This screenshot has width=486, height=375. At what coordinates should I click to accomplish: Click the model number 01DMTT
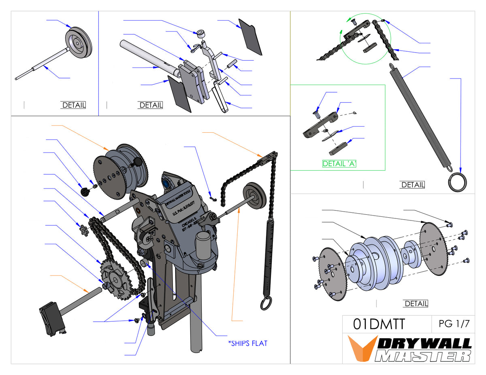point(379,324)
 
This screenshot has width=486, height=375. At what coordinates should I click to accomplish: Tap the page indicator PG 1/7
point(454,324)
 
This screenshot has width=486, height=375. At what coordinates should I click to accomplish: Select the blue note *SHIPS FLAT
point(248,343)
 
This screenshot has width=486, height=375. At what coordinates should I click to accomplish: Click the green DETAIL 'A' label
point(339,164)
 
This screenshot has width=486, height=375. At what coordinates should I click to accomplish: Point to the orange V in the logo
point(359,347)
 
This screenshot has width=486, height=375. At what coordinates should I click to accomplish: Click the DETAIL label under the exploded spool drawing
point(416,303)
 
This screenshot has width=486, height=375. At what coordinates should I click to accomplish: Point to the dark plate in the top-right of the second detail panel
point(251,36)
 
